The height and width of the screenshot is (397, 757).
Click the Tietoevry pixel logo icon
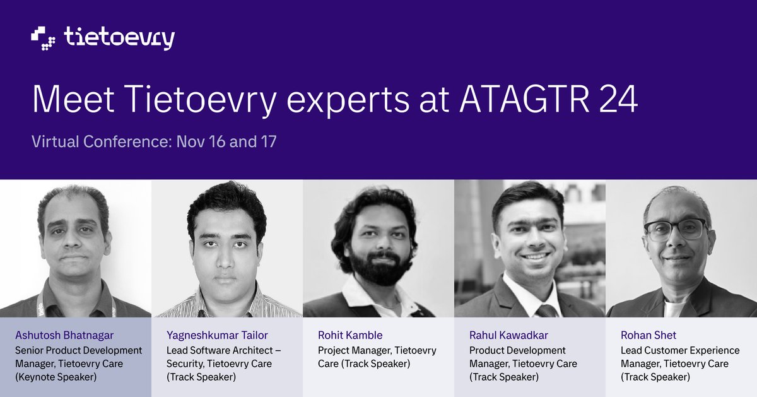[44, 38]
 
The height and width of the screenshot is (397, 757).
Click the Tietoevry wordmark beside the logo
[119, 38]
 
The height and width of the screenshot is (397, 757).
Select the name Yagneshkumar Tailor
[217, 335]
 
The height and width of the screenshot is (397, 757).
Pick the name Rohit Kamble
[350, 335]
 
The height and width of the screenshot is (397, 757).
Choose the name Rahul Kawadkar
[508, 335]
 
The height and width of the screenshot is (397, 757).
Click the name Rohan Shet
[648, 335]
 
